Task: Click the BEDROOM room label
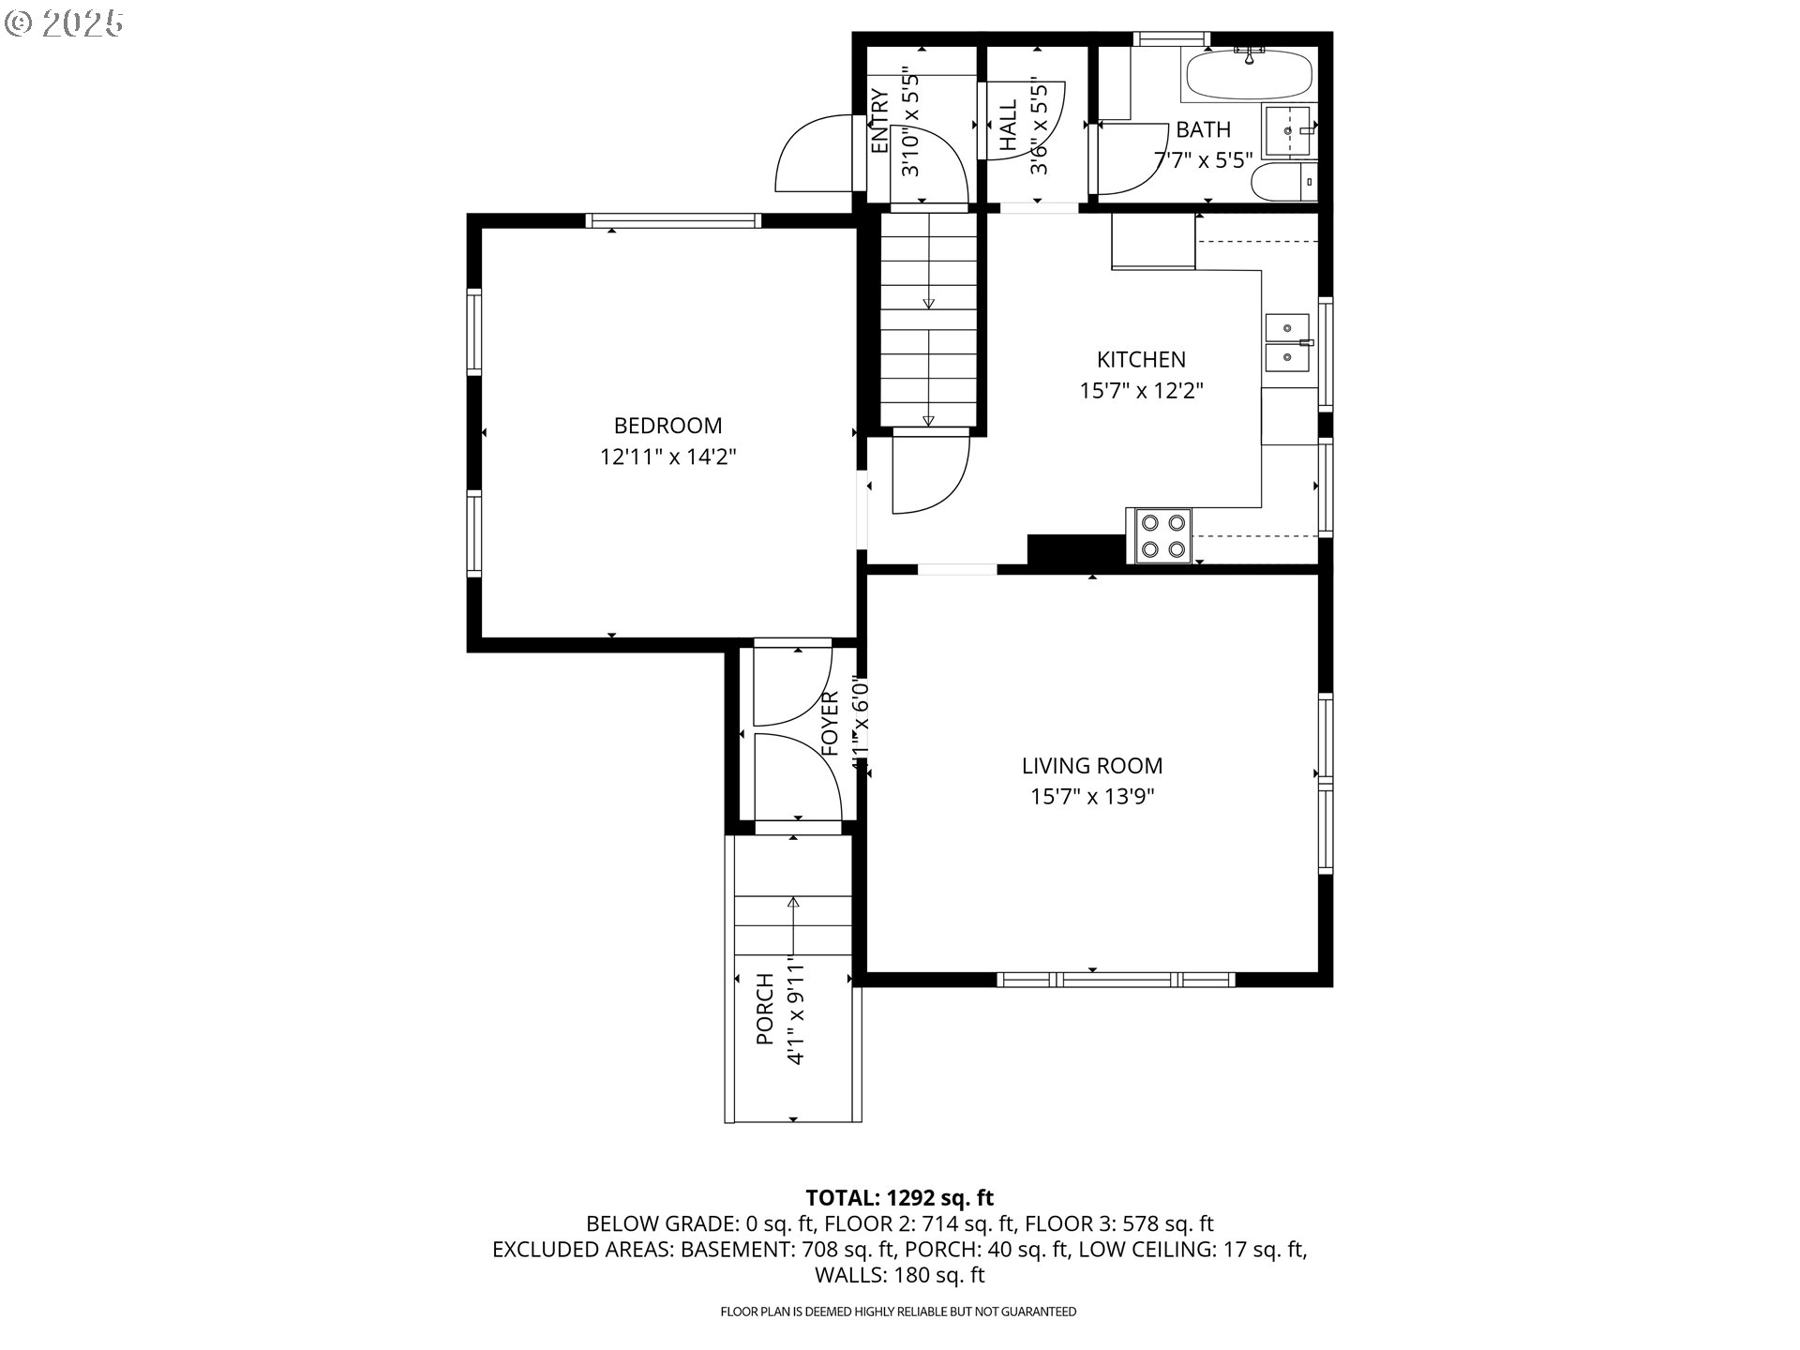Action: coord(667,426)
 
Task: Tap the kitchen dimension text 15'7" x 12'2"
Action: coord(1141,391)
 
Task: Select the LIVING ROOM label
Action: coord(1092,766)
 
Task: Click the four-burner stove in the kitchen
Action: coord(1162,536)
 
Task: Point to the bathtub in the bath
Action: coord(1249,74)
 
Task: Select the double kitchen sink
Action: coord(1289,342)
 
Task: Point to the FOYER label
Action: coord(830,724)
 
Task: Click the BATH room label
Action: coord(1203,129)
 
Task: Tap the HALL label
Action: coord(1009,126)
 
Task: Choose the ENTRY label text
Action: coord(879,122)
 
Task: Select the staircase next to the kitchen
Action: coord(928,319)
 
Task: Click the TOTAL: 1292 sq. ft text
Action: coord(899,1197)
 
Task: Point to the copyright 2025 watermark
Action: coord(64,23)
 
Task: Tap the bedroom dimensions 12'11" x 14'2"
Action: coord(667,457)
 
